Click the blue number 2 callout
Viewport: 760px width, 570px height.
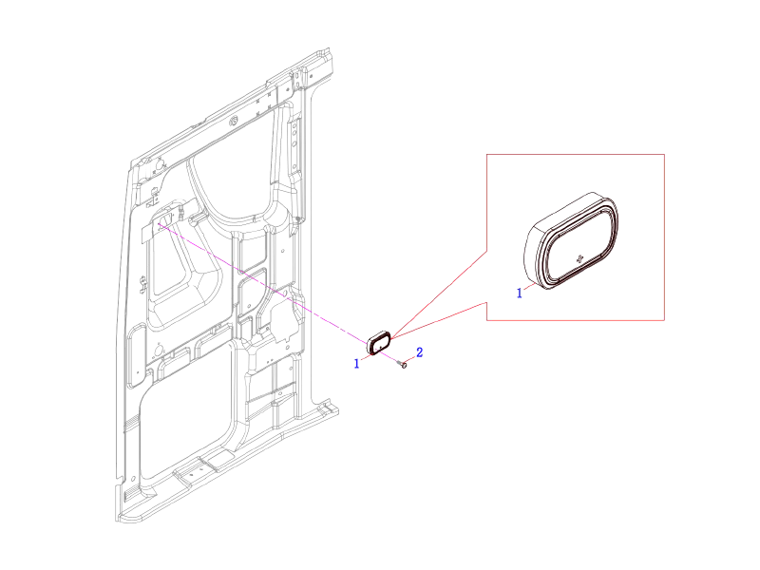coord(420,352)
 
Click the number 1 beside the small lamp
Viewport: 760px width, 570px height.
coord(357,363)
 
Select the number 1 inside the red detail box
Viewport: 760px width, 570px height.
coord(519,294)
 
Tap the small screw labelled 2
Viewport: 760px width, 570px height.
coord(404,364)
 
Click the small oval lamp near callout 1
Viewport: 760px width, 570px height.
coord(380,342)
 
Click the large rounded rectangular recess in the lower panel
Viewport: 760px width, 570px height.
coord(185,418)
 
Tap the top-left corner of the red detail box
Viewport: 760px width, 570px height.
coord(487,155)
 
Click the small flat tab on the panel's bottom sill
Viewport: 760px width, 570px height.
coord(199,467)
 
